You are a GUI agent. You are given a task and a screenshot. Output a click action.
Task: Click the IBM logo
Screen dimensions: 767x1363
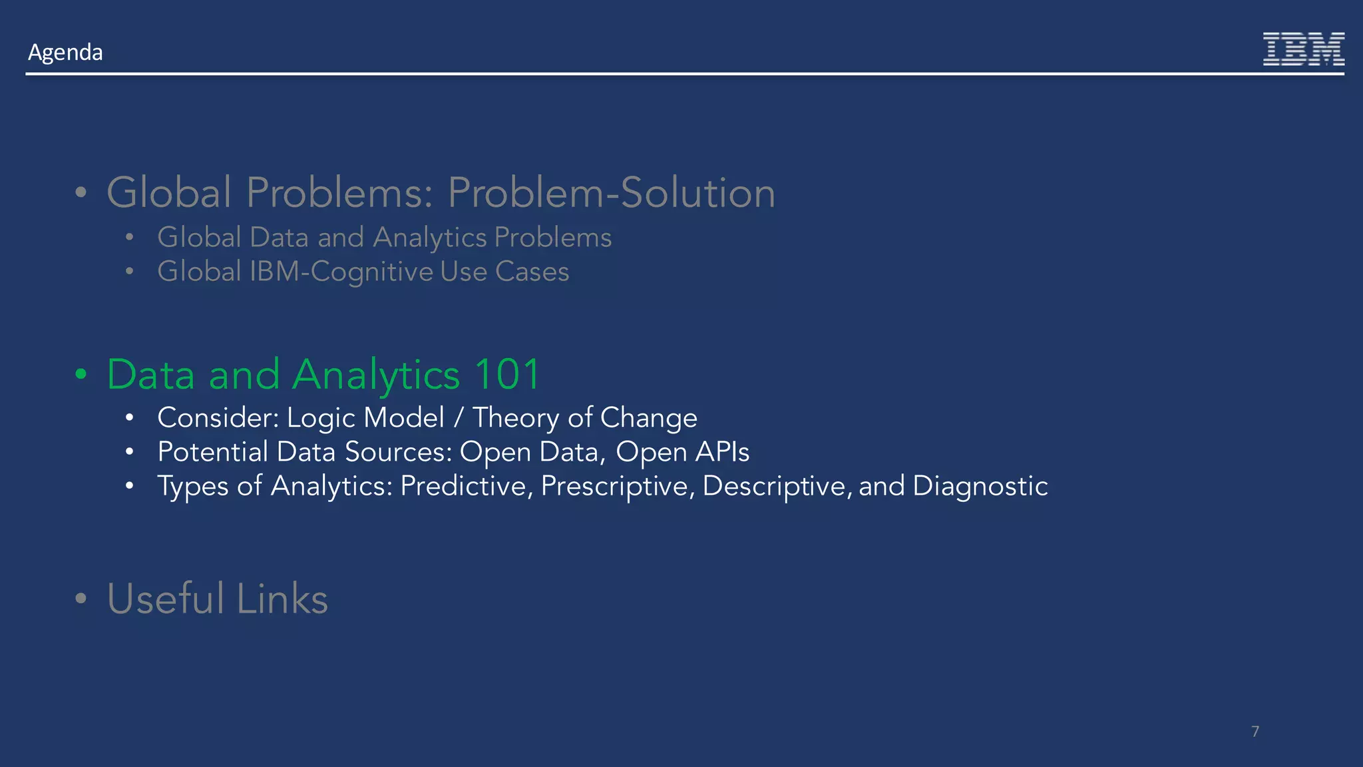pos(1303,49)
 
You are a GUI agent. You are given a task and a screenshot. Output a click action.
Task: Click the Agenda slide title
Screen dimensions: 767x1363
pos(65,52)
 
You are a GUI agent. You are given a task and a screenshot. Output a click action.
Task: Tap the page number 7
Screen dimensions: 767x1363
pos(1255,731)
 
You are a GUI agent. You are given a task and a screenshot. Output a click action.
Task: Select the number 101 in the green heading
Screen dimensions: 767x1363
pos(507,374)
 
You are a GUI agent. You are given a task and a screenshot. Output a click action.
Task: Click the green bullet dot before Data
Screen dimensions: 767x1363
pos(81,374)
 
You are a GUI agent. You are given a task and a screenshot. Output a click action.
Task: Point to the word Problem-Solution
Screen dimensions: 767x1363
pos(611,192)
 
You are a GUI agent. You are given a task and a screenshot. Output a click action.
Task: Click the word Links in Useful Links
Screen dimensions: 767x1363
pos(282,598)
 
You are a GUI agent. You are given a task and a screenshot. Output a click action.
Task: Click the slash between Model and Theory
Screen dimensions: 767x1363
pos(458,418)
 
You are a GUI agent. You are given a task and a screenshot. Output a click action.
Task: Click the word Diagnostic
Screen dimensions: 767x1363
pos(980,486)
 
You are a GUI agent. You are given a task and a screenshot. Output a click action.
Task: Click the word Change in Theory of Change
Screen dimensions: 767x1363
pos(648,418)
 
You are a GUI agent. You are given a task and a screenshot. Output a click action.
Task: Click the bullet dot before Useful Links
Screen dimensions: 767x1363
pos(81,598)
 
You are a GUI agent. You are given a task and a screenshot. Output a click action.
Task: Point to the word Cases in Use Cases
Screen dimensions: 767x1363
pos(532,272)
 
